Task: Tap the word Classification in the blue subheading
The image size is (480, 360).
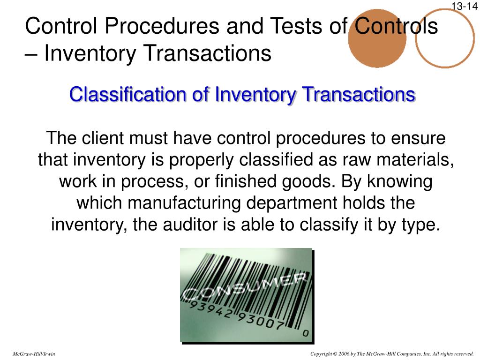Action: tap(128, 95)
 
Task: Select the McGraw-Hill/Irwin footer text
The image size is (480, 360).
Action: tap(34, 354)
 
